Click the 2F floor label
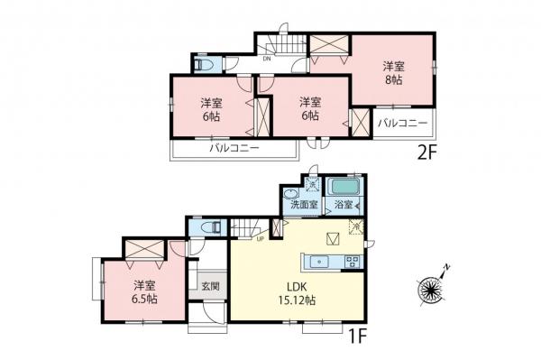tap(426, 151)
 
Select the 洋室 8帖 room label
tap(392, 73)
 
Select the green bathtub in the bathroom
tap(344, 187)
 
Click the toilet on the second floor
tap(204, 66)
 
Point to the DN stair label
tap(267, 60)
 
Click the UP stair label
tap(261, 240)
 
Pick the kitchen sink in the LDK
tap(318, 263)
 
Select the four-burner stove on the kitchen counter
tap(351, 263)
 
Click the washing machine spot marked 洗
tap(312, 184)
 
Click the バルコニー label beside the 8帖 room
tap(402, 122)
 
